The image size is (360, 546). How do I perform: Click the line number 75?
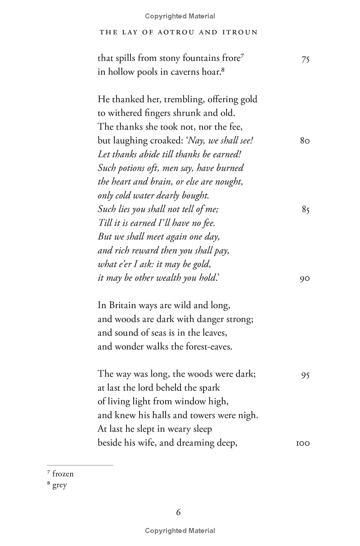(305, 59)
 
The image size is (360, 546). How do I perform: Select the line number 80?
(305, 141)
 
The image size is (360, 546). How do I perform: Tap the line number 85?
(305, 210)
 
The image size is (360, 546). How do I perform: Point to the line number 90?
(305, 278)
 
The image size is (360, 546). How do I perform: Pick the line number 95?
(305, 375)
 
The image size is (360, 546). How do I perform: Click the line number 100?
(303, 443)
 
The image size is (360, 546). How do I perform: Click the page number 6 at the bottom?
(179, 512)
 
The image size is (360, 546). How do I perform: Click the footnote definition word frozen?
(63, 474)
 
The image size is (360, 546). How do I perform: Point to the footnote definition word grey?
(60, 485)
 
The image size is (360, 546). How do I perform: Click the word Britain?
(122, 305)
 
